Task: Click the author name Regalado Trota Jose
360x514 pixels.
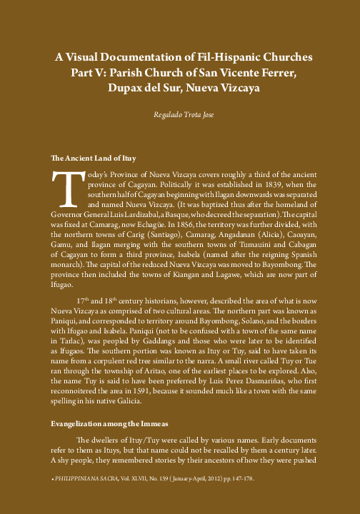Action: pos(180,115)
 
